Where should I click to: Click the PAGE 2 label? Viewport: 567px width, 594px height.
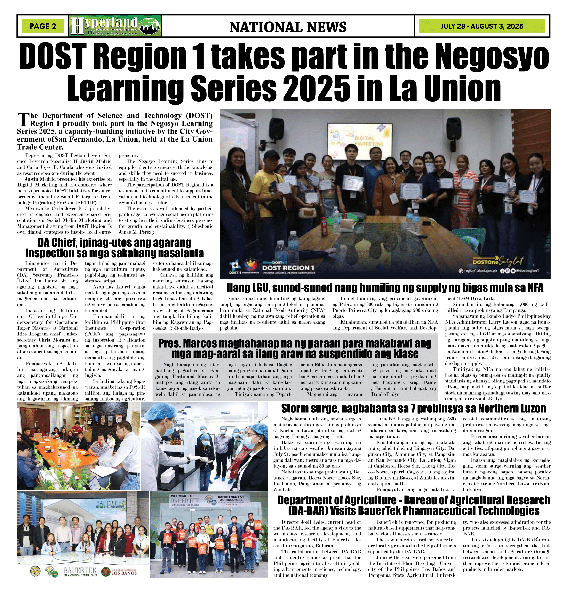[43, 26]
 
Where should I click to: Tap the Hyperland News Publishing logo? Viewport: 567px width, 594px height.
[115, 26]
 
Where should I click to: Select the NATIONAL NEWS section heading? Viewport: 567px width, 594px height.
[288, 27]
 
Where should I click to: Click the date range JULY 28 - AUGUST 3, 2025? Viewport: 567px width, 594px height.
[482, 26]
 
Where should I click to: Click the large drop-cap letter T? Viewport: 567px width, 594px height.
[23, 120]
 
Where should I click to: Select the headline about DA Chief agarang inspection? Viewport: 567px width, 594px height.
[115, 247]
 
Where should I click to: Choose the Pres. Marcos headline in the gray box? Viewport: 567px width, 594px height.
[295, 348]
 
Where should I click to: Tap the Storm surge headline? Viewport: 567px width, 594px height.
[414, 408]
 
